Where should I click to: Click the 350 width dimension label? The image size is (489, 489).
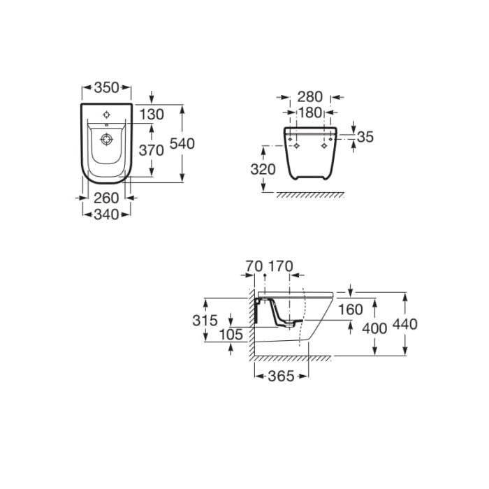(107, 87)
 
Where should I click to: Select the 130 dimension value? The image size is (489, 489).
(152, 115)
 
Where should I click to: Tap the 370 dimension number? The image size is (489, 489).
(152, 151)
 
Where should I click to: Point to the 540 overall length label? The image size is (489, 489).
(182, 144)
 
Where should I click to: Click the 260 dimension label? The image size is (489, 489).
(106, 198)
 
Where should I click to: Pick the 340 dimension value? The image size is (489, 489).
(106, 214)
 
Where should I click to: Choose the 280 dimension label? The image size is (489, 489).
(309, 97)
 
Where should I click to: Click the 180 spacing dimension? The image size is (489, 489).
(309, 112)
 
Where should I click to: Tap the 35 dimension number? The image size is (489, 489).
(365, 137)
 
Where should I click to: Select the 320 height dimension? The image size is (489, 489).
(263, 169)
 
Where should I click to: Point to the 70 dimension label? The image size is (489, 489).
(254, 266)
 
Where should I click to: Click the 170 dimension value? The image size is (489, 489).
(281, 266)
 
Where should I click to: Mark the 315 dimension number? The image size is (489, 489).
(205, 320)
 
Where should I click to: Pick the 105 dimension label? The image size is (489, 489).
(231, 335)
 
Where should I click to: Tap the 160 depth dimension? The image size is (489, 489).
(351, 309)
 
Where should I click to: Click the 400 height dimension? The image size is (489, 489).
(374, 328)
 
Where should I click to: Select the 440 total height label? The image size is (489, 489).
(404, 324)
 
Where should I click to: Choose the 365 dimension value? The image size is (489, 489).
(282, 377)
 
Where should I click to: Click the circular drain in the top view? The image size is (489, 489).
(107, 139)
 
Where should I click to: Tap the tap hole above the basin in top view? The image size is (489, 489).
(107, 115)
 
